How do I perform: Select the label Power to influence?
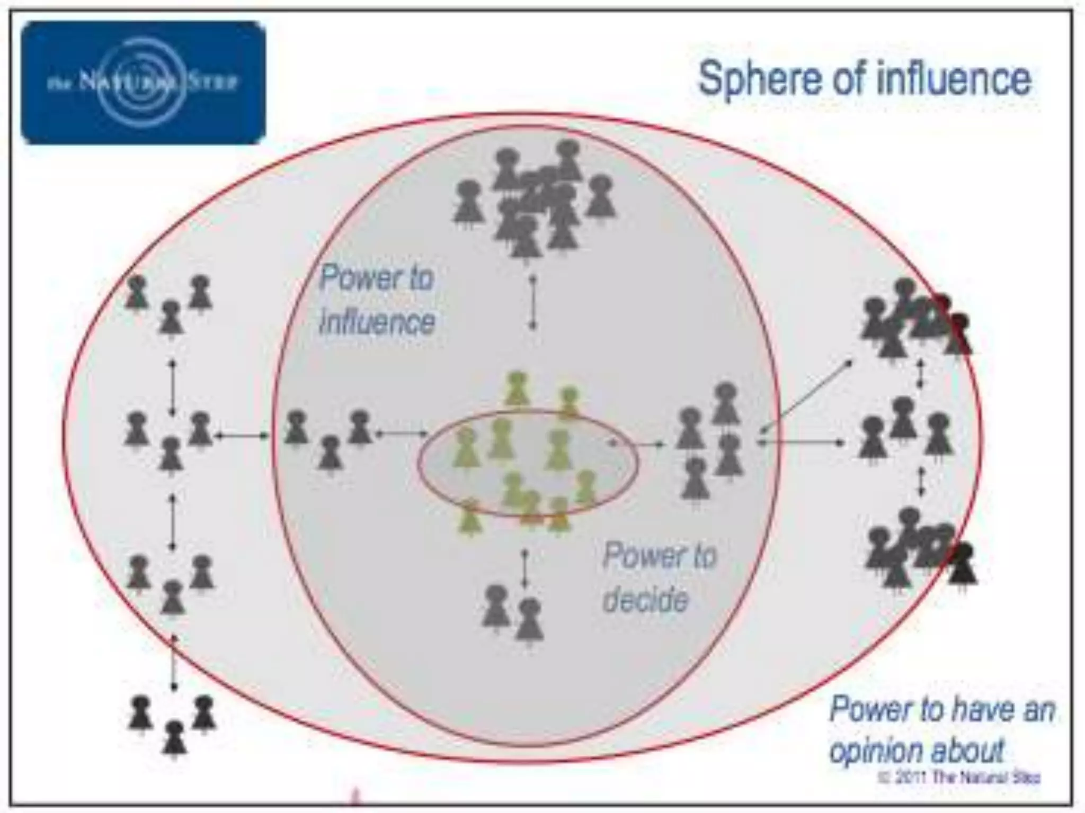tap(377, 299)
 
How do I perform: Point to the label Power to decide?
tap(659, 577)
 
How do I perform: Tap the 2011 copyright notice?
tap(958, 778)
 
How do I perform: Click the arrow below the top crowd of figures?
tap(533, 302)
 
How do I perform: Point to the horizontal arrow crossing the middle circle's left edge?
tap(242, 435)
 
